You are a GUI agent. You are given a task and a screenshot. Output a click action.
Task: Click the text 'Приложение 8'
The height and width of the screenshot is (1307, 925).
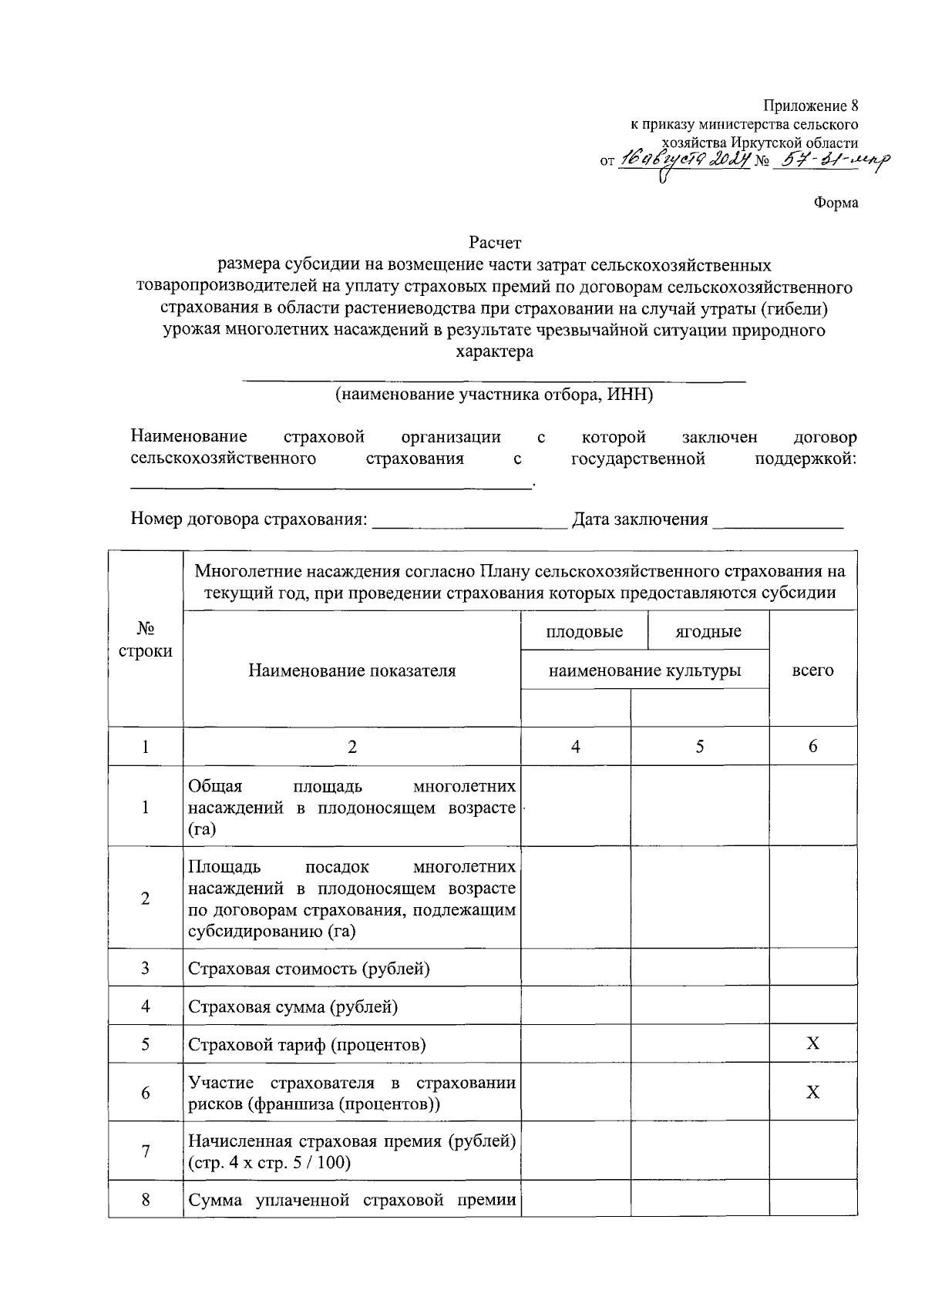click(x=810, y=106)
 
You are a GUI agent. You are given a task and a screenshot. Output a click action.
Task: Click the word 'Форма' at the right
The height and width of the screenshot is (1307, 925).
click(x=836, y=203)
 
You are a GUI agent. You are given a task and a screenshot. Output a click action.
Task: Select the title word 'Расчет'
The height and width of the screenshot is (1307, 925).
click(x=496, y=244)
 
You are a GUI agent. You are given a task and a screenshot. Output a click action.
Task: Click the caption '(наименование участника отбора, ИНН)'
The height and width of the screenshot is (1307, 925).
click(x=494, y=395)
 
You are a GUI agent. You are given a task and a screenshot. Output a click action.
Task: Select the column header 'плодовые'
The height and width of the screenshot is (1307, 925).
click(x=584, y=632)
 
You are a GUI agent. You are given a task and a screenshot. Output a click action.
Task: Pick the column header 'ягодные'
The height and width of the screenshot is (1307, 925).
click(x=708, y=632)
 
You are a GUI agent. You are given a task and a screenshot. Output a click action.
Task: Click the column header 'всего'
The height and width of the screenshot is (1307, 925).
click(x=812, y=670)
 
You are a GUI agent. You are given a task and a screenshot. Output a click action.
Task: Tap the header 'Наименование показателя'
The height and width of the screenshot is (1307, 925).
click(x=351, y=670)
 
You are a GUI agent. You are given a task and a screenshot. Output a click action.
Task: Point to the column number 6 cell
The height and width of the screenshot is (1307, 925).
click(x=812, y=746)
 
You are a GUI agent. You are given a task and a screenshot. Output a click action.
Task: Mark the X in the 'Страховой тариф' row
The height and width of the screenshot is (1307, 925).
click(x=812, y=1044)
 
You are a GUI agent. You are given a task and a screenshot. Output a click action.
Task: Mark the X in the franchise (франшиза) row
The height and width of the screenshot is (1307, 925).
click(x=812, y=1092)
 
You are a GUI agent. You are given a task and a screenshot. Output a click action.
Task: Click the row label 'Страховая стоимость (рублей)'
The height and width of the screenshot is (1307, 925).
click(x=308, y=969)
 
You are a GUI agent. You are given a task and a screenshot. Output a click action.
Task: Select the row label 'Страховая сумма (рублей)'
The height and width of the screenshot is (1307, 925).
click(x=293, y=1006)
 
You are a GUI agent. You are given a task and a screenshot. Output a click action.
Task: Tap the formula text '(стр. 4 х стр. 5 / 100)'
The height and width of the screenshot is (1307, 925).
click(x=269, y=1162)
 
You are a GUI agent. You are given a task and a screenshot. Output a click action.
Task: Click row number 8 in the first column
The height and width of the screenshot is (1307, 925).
click(x=146, y=1200)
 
